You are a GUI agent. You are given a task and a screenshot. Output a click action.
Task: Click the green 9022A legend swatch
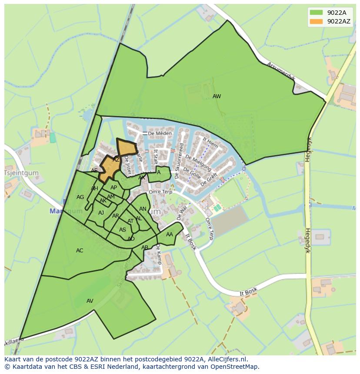tap(316, 13)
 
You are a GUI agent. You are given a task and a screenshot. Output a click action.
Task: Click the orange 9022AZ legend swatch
tap(316, 21)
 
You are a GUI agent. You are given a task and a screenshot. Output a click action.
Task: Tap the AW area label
tap(217, 96)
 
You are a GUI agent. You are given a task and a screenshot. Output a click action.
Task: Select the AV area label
tap(90, 301)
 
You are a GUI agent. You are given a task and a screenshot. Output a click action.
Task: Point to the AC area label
tap(80, 251)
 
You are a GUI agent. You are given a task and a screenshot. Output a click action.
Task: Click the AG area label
tap(80, 197)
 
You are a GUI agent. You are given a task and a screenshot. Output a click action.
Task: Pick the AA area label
tap(170, 235)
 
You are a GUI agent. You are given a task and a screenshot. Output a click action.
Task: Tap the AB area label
tap(145, 248)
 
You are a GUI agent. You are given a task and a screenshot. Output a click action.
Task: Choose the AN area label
tap(143, 209)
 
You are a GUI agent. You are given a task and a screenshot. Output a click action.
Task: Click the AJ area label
tap(101, 213)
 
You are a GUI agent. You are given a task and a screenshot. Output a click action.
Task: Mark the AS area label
tap(123, 230)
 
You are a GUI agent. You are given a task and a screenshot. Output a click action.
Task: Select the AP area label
tap(113, 188)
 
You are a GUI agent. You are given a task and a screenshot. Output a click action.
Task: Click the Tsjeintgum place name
tap(21, 173)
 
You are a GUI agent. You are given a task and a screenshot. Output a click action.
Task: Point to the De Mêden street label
tap(157, 133)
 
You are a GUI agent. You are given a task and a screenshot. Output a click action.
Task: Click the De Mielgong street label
tap(198, 162)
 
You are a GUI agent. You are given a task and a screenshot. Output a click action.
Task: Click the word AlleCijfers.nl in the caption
tap(226, 359)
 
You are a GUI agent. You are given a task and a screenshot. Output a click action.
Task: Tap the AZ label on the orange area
tap(116, 160)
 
